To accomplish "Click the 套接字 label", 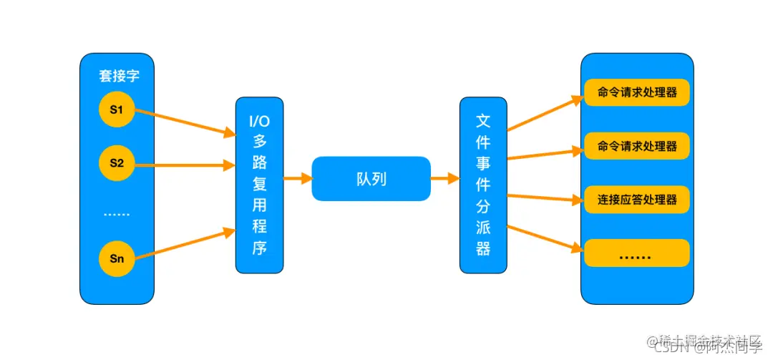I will tap(117, 77).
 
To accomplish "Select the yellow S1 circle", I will tap(117, 110).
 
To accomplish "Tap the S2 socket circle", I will tap(117, 163).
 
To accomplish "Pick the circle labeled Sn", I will tap(117, 258).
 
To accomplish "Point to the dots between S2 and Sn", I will tap(117, 213).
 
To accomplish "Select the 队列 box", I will tap(371, 179).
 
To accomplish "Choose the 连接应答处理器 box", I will tap(636, 199).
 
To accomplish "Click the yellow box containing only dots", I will tap(636, 253).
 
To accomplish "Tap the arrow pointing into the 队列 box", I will tap(297, 179).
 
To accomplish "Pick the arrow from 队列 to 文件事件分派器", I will tap(444, 179).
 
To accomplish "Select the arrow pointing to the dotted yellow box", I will tap(544, 239).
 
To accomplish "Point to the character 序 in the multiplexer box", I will tap(259, 248).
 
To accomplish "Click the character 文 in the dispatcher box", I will tap(483, 120).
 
